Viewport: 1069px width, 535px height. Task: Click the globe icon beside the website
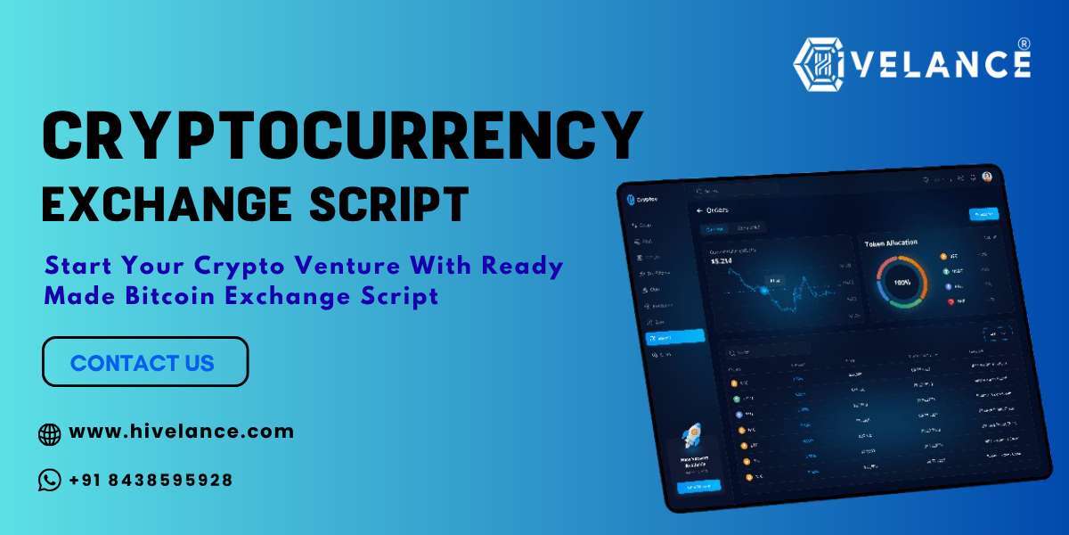tap(50, 434)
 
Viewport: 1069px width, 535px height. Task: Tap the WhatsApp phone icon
tap(50, 481)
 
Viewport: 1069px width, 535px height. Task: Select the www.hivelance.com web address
tap(181, 432)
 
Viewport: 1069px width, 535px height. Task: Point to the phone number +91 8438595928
tap(151, 480)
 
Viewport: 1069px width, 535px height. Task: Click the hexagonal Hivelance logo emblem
tap(821, 64)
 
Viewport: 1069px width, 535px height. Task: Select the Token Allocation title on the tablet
tap(891, 242)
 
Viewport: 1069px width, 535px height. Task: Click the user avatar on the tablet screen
tap(987, 177)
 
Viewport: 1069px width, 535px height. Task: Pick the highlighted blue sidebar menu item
tap(673, 337)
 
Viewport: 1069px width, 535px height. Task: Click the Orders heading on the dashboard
tap(717, 210)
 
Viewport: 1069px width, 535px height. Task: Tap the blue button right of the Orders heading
tap(983, 214)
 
